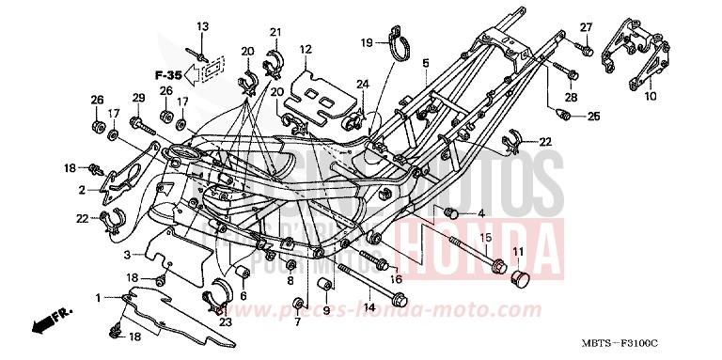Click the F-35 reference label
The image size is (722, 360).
(x=168, y=74)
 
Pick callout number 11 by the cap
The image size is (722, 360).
(x=516, y=251)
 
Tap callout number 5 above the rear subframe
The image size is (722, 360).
(x=425, y=63)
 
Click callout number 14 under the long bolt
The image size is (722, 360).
(x=369, y=306)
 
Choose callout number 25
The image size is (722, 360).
(x=593, y=117)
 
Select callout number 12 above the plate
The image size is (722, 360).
(x=306, y=49)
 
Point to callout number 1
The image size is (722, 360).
(x=97, y=298)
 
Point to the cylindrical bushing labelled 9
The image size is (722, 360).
(x=325, y=286)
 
